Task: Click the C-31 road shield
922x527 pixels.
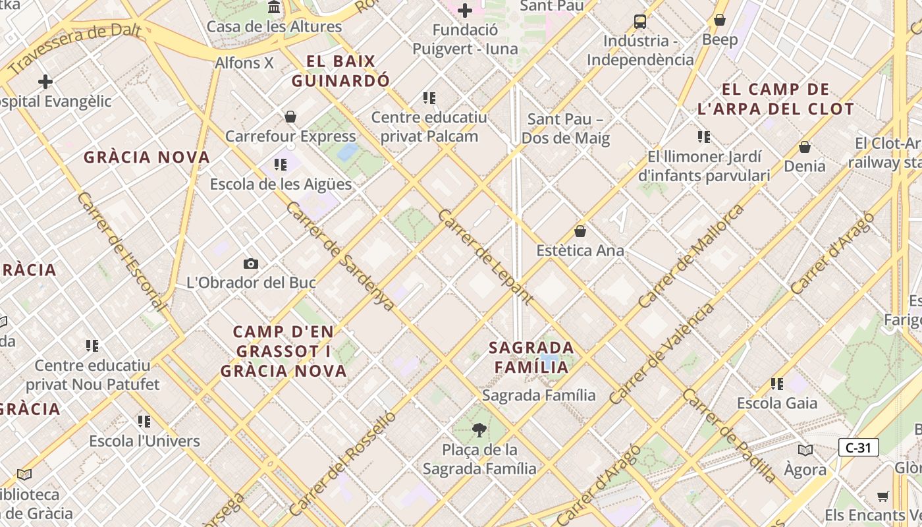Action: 858,448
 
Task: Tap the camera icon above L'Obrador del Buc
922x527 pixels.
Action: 250,264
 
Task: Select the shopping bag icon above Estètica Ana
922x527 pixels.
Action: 580,231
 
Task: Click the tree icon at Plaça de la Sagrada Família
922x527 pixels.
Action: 479,431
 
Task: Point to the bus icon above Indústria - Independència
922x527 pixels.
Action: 640,21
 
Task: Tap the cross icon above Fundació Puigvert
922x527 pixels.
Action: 465,11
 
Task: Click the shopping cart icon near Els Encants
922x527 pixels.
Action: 882,496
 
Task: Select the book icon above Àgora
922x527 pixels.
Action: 805,450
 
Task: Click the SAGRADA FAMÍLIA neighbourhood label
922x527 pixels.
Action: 531,357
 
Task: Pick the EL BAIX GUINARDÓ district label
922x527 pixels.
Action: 340,71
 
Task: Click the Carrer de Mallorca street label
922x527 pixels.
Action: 691,256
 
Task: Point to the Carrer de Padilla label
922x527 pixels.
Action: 730,435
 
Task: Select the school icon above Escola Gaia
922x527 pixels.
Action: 777,383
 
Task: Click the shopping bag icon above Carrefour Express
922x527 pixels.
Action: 290,117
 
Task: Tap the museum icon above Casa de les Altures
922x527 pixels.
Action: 274,7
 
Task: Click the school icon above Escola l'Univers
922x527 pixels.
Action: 144,421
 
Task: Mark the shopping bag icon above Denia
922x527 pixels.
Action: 804,146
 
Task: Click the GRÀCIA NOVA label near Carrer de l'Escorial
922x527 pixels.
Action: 147,157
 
